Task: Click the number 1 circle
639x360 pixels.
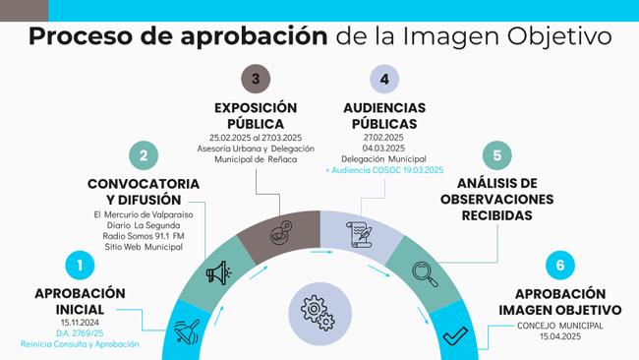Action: [x=80, y=265]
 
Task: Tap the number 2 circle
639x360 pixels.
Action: [x=144, y=154]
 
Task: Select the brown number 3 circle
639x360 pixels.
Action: [x=256, y=79]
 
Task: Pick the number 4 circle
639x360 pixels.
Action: [x=384, y=79]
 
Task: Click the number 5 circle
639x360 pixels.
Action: [x=497, y=155]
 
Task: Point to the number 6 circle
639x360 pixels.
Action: [x=560, y=266]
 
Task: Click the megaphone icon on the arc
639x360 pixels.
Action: [x=216, y=271]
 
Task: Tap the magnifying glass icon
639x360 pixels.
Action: [x=426, y=271]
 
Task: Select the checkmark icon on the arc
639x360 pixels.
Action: [x=453, y=337]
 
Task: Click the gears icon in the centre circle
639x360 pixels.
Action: [x=319, y=313]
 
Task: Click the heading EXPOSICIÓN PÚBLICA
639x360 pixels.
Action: [x=256, y=115]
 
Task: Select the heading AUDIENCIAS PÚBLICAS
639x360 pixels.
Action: [x=384, y=115]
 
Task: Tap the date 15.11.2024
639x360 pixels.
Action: [x=80, y=322]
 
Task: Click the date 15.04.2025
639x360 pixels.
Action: [x=560, y=336]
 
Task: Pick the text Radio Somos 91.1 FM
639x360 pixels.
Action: [x=144, y=236]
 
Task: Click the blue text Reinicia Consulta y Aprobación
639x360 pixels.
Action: [x=80, y=345]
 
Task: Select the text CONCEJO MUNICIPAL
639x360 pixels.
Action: [x=560, y=325]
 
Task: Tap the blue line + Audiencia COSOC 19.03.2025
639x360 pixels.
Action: [x=384, y=170]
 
